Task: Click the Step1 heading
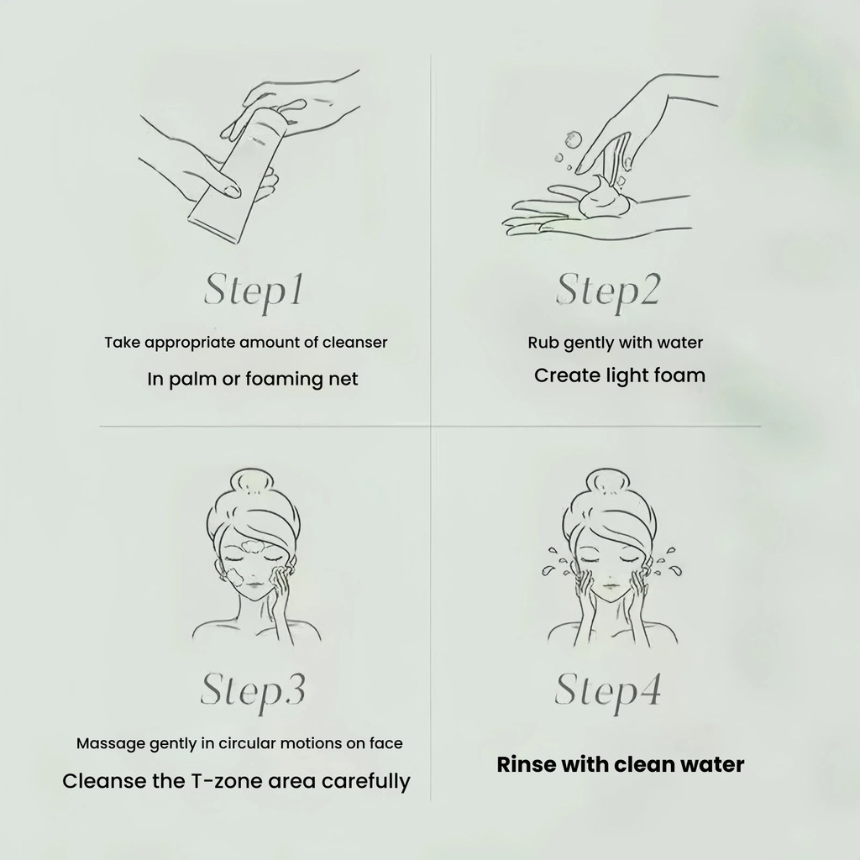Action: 254,291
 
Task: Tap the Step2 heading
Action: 608,291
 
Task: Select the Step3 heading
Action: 253,692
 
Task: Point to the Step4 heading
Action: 608,692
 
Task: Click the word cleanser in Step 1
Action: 355,343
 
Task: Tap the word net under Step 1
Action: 343,379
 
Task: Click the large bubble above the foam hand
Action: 573,139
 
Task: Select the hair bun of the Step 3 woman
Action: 251,483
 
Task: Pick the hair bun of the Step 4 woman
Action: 607,483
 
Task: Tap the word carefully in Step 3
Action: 366,782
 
